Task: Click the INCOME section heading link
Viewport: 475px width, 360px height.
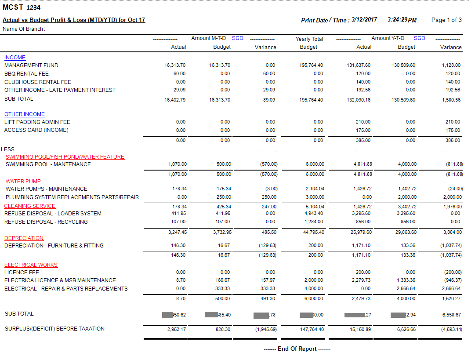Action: (15, 58)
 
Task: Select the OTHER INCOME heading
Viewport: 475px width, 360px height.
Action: (25, 114)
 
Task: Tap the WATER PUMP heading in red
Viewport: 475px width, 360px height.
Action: (23, 181)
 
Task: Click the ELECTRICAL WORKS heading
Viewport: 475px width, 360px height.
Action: (31, 265)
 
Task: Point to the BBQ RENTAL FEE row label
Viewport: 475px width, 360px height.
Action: (26, 74)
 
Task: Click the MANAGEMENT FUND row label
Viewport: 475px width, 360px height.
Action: (31, 65)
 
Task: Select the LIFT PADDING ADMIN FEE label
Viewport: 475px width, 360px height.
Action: (37, 122)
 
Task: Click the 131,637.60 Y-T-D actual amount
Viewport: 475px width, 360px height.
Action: (358, 65)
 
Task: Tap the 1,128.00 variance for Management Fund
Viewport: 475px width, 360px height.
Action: (451, 65)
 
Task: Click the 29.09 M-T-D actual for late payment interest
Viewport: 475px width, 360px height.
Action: (180, 90)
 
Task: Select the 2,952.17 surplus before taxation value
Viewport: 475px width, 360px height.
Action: (177, 329)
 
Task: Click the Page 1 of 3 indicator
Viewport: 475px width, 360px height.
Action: (446, 20)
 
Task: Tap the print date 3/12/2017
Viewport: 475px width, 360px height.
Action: (364, 20)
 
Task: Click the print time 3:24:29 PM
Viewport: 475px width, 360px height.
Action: (402, 20)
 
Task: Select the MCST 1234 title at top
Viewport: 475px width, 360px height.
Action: (22, 7)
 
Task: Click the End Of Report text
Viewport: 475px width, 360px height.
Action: (297, 349)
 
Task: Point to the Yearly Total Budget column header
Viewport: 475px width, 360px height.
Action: (309, 43)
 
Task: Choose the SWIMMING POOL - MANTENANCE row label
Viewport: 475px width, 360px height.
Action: (48, 164)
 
